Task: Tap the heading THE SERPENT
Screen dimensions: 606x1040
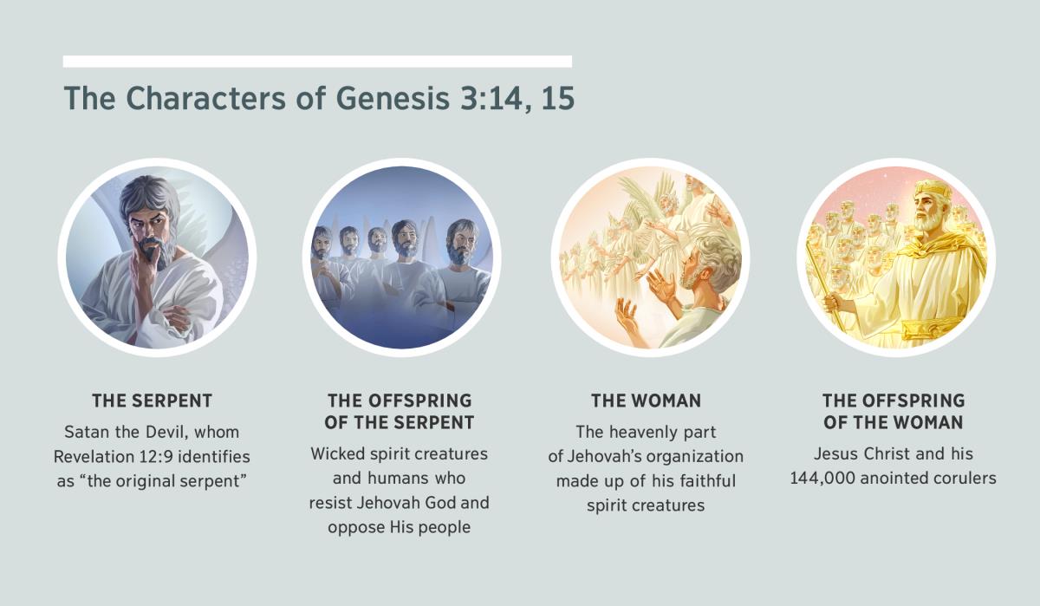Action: (153, 401)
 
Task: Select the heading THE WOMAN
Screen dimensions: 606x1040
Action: (646, 401)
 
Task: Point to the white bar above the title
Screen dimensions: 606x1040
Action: (317, 62)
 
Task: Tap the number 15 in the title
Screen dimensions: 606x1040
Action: (554, 99)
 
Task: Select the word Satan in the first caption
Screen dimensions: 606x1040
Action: (86, 431)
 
